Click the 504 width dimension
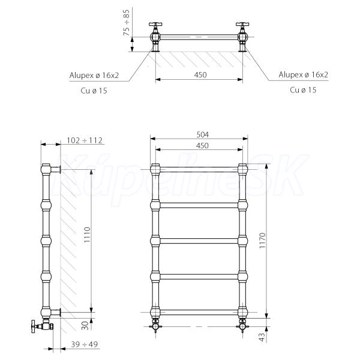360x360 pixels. [x=203, y=134]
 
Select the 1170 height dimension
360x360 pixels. [x=262, y=241]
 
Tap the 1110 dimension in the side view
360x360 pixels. [x=87, y=235]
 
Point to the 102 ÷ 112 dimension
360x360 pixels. [x=85, y=140]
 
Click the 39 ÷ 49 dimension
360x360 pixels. [x=84, y=344]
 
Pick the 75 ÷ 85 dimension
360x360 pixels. [x=127, y=23]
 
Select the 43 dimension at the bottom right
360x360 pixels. [x=262, y=337]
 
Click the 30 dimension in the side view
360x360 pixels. [x=85, y=326]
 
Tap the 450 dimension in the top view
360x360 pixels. [x=200, y=75]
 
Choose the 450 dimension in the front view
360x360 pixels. [x=202, y=146]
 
